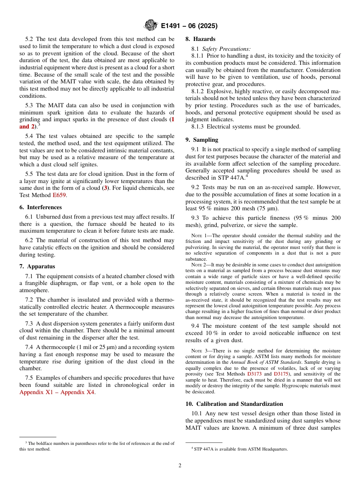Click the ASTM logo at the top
151,26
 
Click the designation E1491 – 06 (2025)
189,26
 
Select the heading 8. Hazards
200,39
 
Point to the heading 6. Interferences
41,207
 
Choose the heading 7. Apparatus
37,266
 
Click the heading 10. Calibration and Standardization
234,404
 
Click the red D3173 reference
254,374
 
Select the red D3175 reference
281,374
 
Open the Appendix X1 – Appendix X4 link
57,392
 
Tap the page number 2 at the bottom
180,466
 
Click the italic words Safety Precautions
226,49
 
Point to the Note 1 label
199,236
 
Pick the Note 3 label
199,351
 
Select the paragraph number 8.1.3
198,127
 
